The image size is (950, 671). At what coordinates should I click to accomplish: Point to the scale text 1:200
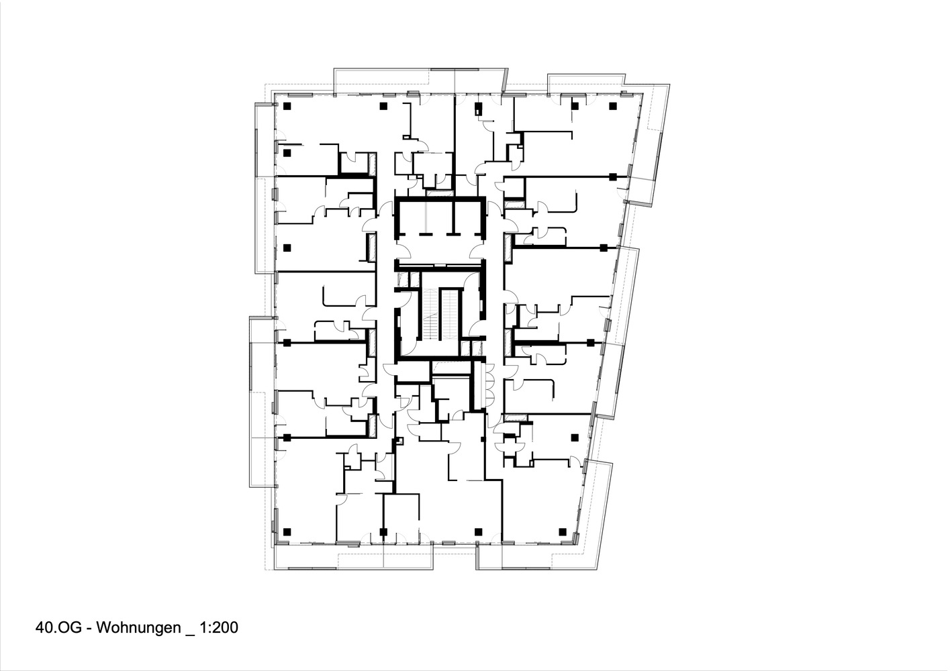coord(220,629)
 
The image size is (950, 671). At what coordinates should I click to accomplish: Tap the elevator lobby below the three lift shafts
coord(440,252)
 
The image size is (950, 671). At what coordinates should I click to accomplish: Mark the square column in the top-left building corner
coord(287,106)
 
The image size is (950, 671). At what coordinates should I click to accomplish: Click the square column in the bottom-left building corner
coord(287,532)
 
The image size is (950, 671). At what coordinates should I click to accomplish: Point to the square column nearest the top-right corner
coord(612,106)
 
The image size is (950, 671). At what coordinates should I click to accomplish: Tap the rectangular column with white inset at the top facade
coord(478,107)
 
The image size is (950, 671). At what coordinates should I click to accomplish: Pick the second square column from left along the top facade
coord(384,106)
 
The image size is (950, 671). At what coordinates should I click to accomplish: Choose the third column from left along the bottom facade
coord(479,532)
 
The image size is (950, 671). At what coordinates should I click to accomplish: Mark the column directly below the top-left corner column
coord(287,153)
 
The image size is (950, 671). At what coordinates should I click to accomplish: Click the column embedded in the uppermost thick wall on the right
coord(612,176)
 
